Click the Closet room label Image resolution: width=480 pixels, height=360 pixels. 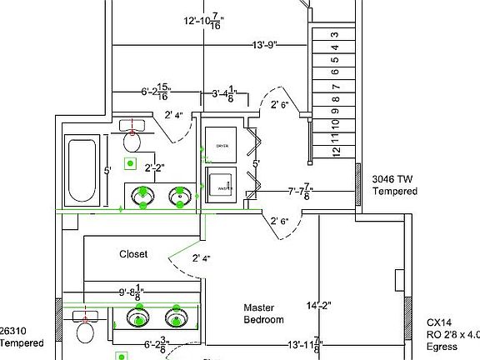coord(133,254)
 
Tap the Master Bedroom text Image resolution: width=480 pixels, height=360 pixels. coord(263,313)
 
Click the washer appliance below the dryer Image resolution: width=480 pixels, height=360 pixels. coord(222,186)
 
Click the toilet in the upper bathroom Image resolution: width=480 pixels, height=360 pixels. coord(133,136)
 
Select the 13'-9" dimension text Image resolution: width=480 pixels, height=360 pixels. coord(260,46)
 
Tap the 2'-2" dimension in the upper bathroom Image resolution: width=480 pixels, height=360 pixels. coord(153,168)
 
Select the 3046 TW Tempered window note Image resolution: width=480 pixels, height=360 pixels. coord(393,185)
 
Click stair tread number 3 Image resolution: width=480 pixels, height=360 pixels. coord(335,35)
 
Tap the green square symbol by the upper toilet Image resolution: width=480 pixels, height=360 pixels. coord(129,163)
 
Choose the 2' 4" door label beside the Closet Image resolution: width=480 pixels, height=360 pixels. coord(201,258)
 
